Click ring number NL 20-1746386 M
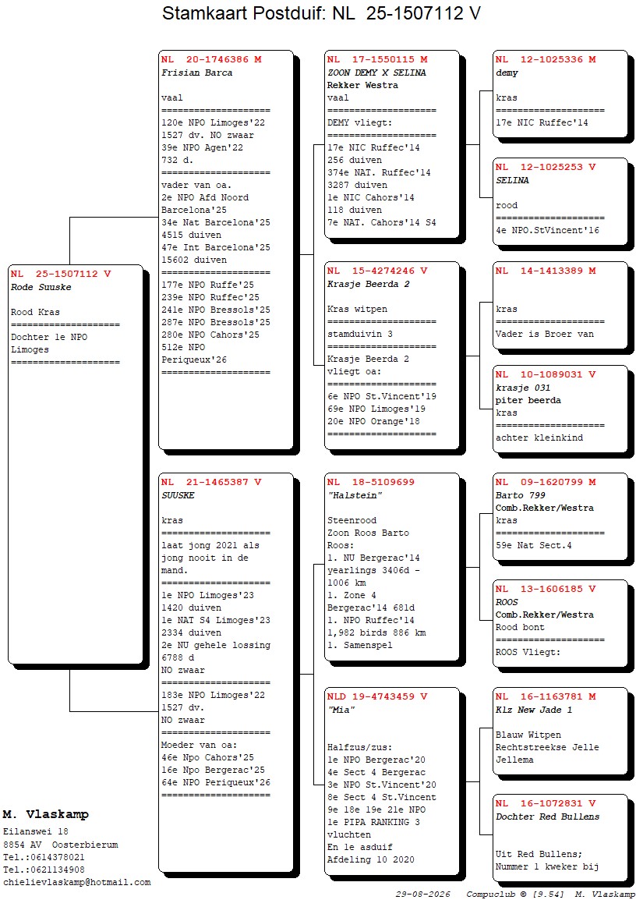tap(211, 59)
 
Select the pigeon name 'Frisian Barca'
tap(197, 73)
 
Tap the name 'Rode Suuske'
tap(41, 287)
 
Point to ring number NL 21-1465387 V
tap(211, 482)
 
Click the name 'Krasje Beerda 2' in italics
tap(368, 285)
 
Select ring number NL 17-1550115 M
tap(377, 59)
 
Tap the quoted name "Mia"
tap(341, 710)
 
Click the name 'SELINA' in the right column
tap(513, 181)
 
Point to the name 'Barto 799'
tap(521, 495)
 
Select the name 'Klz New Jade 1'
tap(534, 710)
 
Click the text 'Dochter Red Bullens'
tap(547, 817)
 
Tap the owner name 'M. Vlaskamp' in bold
tap(45, 814)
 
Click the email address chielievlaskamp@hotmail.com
tap(77, 883)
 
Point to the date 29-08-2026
tap(423, 895)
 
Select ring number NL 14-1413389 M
tap(546, 271)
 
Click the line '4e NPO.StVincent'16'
tap(547, 230)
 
